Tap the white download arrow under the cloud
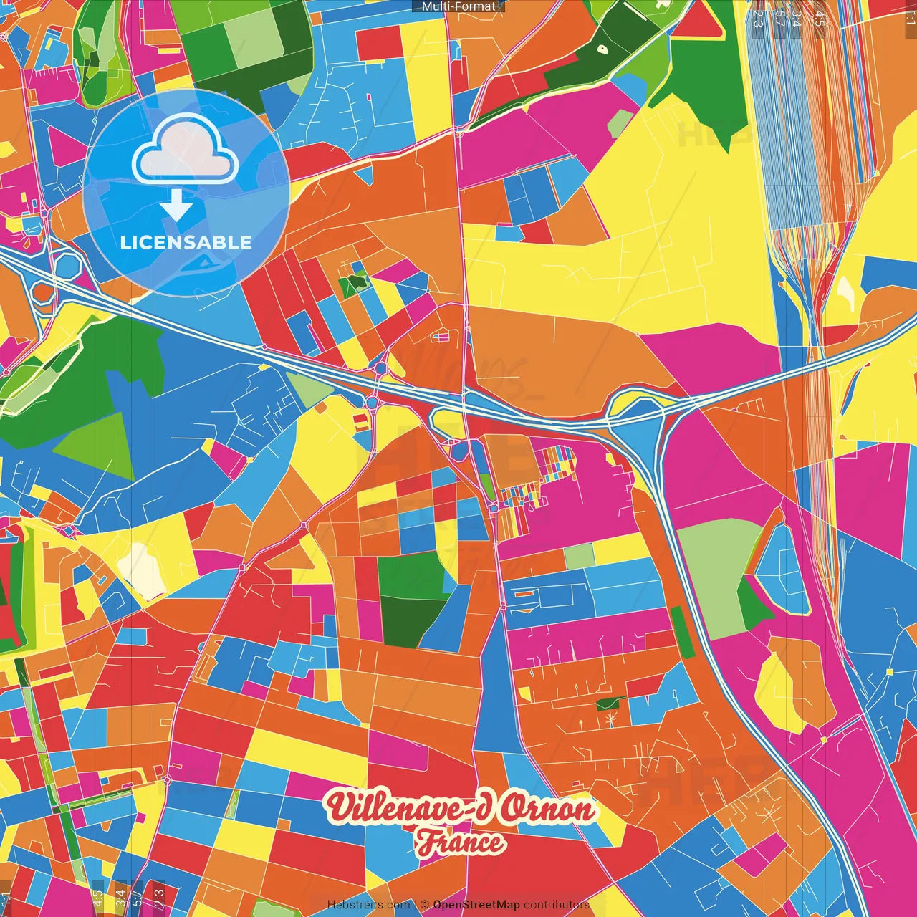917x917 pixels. pyautogui.click(x=176, y=204)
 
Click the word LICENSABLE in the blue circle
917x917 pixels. pyautogui.click(x=186, y=242)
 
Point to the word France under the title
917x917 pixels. pyautogui.click(x=461, y=842)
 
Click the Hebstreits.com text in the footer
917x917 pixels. pyautogui.click(x=368, y=905)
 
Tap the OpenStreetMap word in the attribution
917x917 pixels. pyautogui.click(x=476, y=905)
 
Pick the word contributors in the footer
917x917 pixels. pyautogui.click(x=556, y=905)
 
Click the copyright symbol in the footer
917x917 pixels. pyautogui.click(x=424, y=905)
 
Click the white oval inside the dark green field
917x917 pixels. pyautogui.click(x=602, y=50)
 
